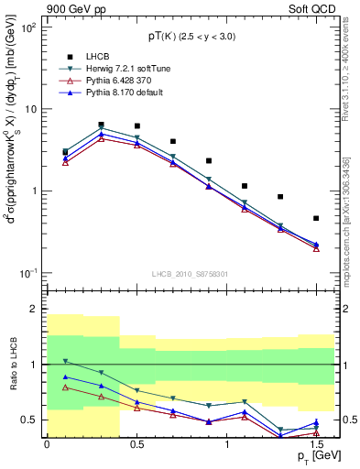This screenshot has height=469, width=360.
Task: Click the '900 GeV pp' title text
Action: point(71,8)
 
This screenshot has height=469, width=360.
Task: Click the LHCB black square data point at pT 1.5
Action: point(316,218)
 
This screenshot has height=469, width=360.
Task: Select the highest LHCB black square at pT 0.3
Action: point(101,125)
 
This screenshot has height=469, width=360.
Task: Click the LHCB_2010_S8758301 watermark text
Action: point(190,273)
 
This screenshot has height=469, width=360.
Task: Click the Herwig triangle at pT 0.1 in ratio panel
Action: point(65,362)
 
